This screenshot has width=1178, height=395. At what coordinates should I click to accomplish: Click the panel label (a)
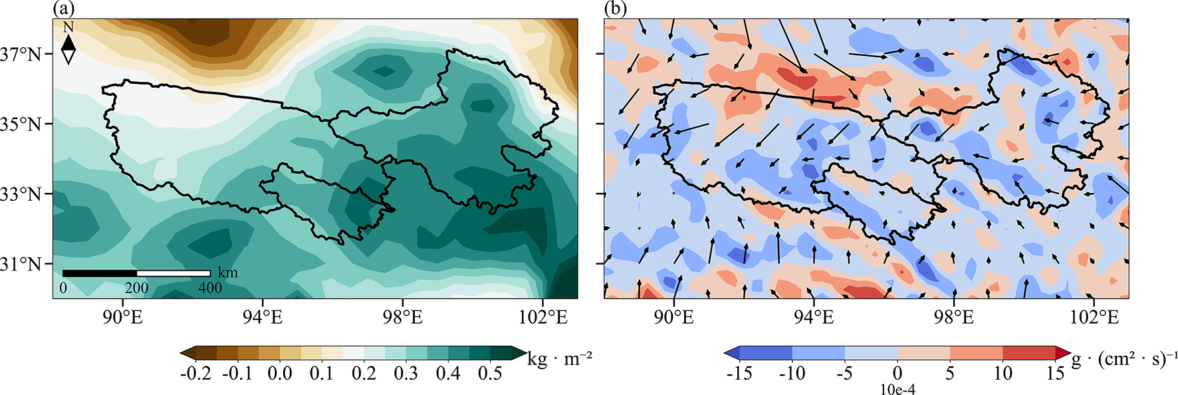(64, 9)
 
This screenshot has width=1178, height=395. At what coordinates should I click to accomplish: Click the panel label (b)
(616, 9)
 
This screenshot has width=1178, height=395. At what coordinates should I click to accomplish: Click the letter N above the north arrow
(68, 27)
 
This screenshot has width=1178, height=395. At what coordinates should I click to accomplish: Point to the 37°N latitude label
(21, 55)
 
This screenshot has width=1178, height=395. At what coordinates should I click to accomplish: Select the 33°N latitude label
(21, 194)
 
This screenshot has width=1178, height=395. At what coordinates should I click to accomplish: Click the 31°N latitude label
(21, 264)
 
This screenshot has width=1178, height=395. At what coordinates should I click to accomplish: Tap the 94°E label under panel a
(263, 317)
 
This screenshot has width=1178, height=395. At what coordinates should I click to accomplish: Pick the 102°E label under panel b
(1094, 317)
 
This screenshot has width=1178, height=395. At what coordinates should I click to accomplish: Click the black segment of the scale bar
(100, 273)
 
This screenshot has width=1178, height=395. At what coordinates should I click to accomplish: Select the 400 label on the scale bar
(210, 288)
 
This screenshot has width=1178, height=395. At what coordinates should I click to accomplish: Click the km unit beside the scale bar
(227, 273)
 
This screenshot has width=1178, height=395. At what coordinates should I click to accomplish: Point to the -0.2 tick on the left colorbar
(195, 373)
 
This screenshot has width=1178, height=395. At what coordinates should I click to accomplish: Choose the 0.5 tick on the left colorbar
(490, 373)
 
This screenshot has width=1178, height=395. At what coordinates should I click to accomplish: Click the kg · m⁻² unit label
(560, 359)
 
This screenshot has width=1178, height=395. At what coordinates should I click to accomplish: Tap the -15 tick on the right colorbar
(739, 373)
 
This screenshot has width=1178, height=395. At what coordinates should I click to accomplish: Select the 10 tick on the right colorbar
(1002, 373)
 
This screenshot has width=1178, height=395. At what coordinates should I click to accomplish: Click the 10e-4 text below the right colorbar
(897, 390)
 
